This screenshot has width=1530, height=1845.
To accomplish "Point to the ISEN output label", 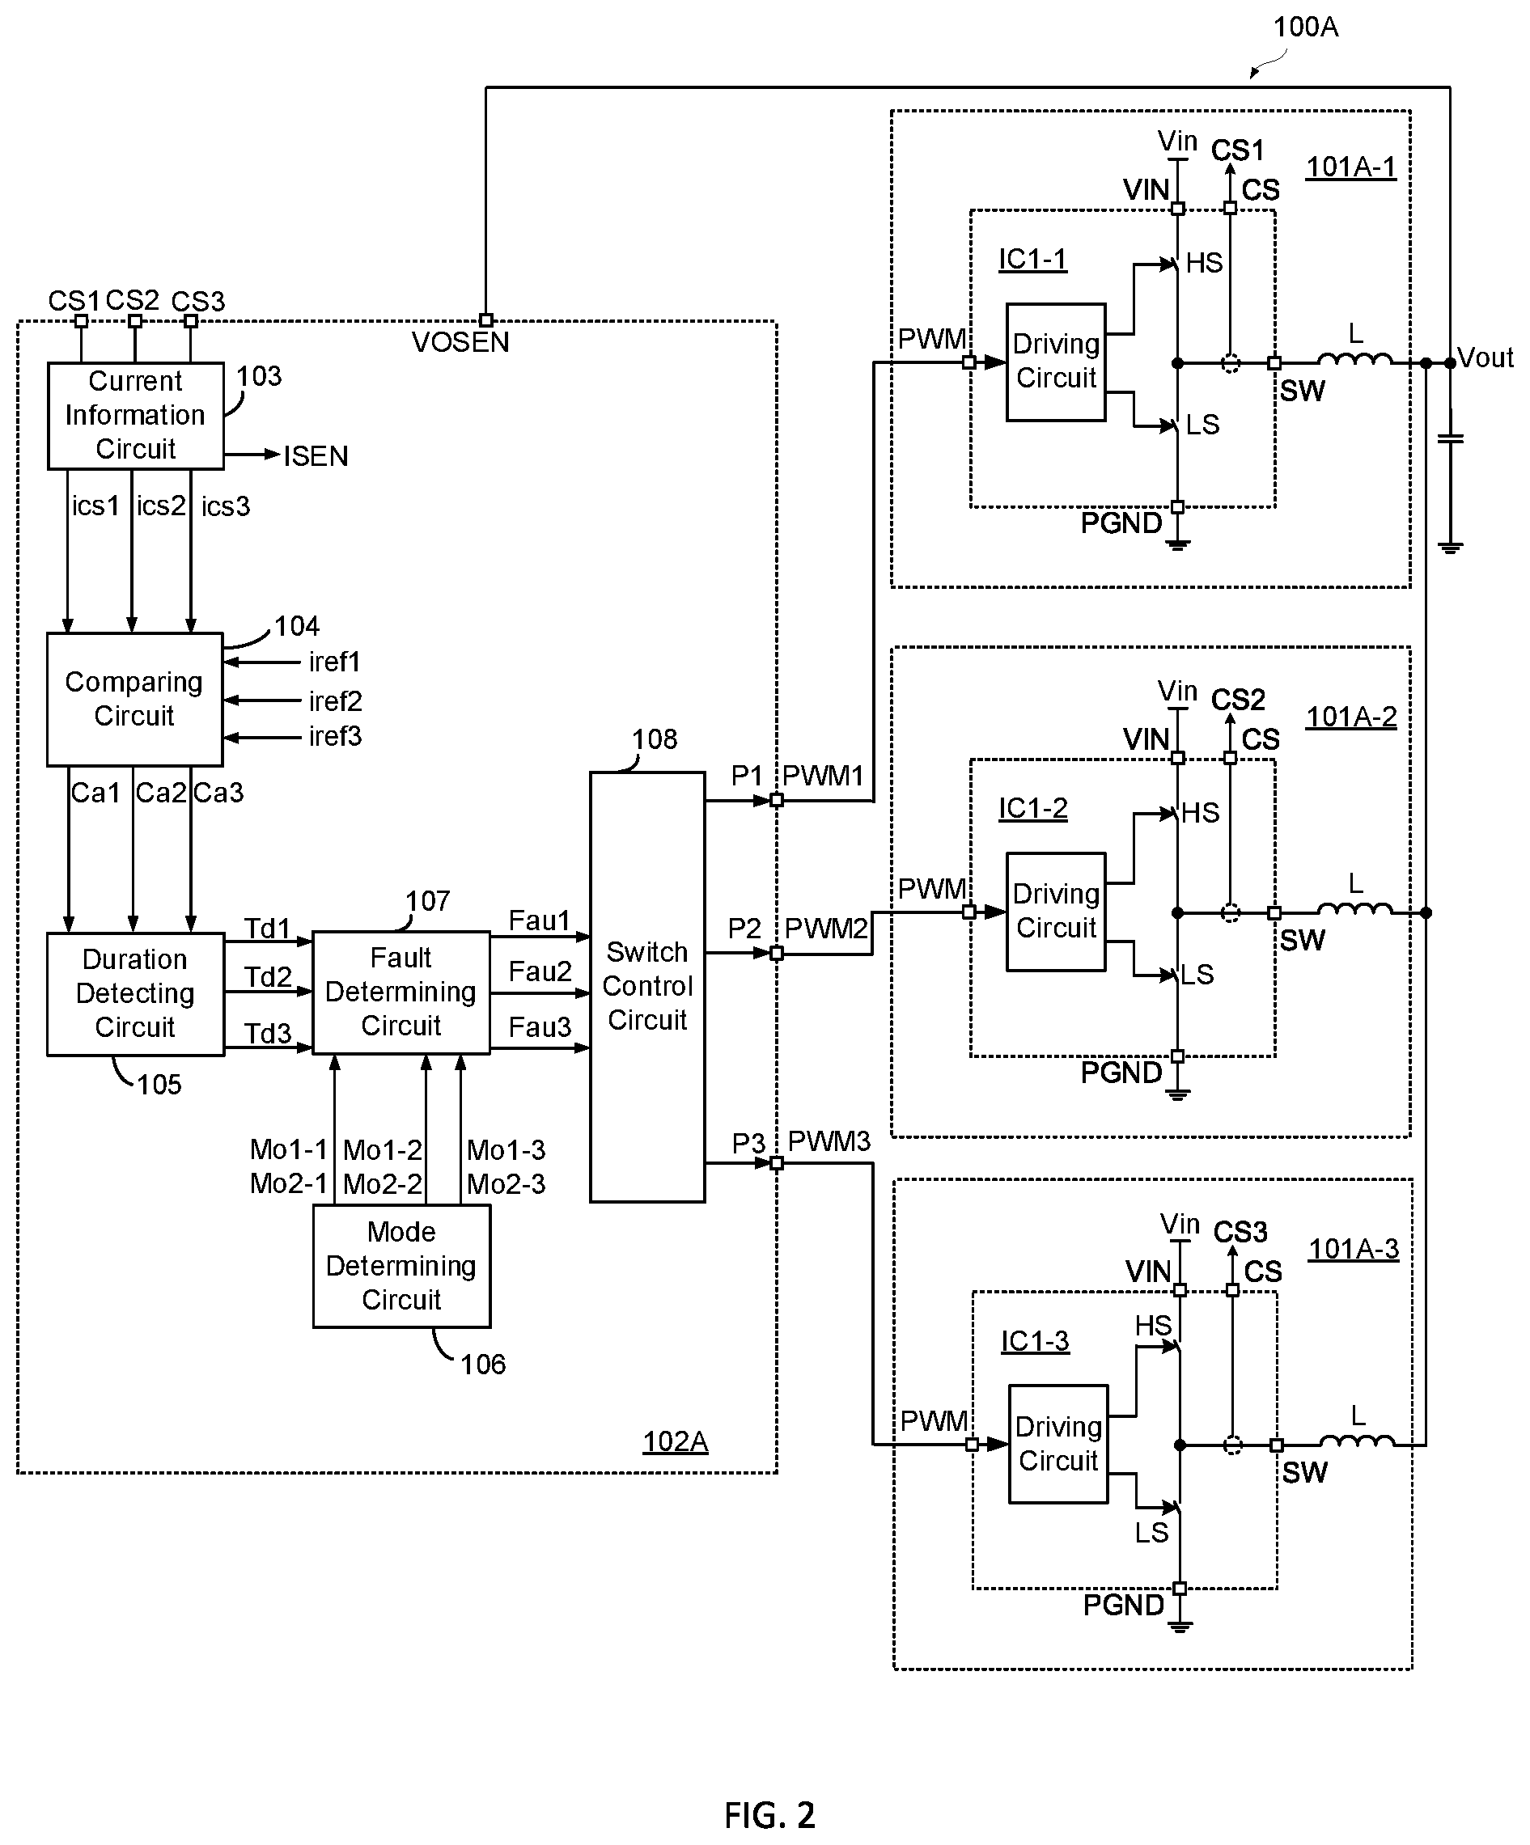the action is click(x=316, y=456).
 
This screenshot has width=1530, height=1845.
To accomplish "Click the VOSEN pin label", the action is click(x=460, y=342).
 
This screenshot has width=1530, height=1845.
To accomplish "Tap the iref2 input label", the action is click(x=335, y=701).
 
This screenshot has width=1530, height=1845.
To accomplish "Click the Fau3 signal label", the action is click(x=540, y=1027).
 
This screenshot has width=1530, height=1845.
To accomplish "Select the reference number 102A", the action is click(x=675, y=1441).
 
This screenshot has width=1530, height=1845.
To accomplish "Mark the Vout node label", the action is click(x=1485, y=358).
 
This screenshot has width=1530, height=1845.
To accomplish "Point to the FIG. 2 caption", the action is click(x=769, y=1814).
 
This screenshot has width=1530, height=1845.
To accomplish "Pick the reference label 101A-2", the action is click(x=1352, y=717).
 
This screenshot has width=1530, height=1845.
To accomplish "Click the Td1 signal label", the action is click(x=267, y=929).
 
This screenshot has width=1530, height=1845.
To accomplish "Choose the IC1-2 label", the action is click(x=1032, y=808).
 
